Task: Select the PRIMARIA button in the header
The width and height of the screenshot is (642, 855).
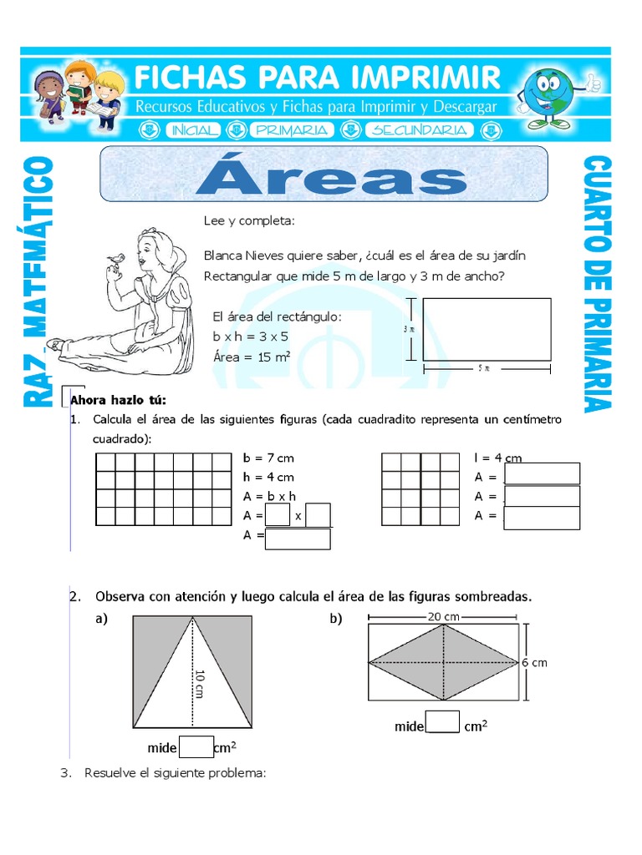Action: coord(292,130)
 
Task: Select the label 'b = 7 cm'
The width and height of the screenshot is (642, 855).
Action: coord(268,458)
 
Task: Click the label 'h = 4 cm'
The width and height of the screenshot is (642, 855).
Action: coord(268,477)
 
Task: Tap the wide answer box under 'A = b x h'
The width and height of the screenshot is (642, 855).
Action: coord(297,539)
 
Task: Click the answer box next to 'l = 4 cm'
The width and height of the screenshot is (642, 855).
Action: coord(542,473)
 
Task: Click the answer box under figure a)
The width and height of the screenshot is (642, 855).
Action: coord(196,746)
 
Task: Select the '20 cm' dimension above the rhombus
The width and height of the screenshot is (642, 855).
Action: coord(443,616)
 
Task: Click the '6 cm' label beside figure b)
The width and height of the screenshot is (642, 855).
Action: coord(534,662)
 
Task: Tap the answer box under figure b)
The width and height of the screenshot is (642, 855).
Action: coord(443,721)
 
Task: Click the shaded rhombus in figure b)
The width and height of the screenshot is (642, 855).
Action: coord(442,662)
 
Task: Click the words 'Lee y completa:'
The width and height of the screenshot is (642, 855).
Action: coord(249,221)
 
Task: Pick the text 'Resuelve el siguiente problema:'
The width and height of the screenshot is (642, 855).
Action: coord(175,773)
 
